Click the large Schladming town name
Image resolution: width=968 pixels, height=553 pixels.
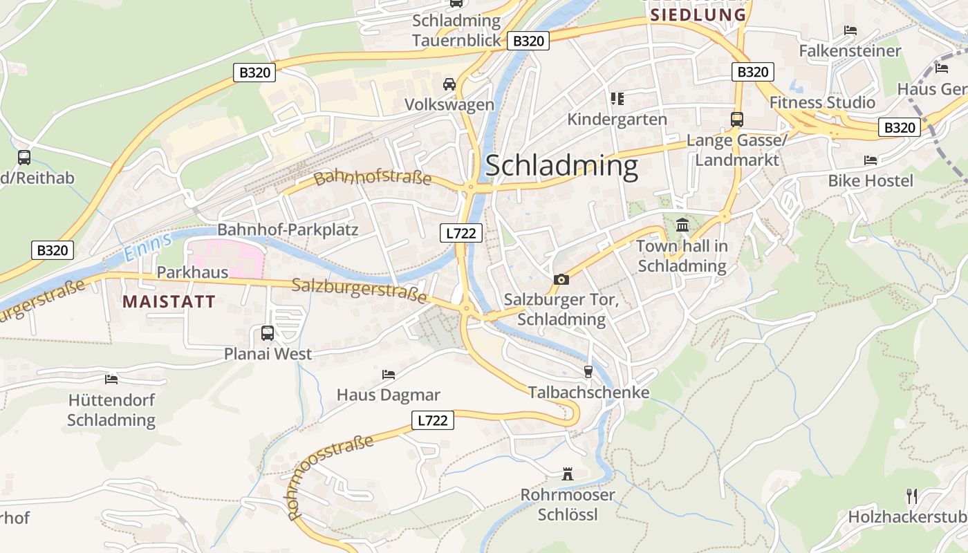561,167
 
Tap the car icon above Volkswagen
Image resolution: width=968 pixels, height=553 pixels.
449,84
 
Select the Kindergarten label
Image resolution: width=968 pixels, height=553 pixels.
617,120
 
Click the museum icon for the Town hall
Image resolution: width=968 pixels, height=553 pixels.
682,225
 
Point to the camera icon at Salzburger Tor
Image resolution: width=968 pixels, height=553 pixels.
561,279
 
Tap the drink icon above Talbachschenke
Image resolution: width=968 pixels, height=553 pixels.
588,372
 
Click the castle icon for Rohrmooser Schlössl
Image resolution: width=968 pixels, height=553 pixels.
568,474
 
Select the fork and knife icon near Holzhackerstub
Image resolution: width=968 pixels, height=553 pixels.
912,496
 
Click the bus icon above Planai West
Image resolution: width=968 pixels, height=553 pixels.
268,333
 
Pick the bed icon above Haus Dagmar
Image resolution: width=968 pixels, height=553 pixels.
389,375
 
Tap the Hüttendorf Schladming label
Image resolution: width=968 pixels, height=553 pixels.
111,410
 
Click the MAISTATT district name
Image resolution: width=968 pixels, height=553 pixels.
169,301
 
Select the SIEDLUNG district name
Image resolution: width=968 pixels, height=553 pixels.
698,15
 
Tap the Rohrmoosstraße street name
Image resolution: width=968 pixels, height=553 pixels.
330,477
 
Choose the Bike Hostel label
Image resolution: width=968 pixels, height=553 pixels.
871,180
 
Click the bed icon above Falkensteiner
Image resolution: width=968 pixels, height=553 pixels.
850,30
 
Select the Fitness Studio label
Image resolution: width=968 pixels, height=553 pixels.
822,102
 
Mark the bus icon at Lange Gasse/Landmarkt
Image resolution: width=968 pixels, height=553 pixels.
737,119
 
